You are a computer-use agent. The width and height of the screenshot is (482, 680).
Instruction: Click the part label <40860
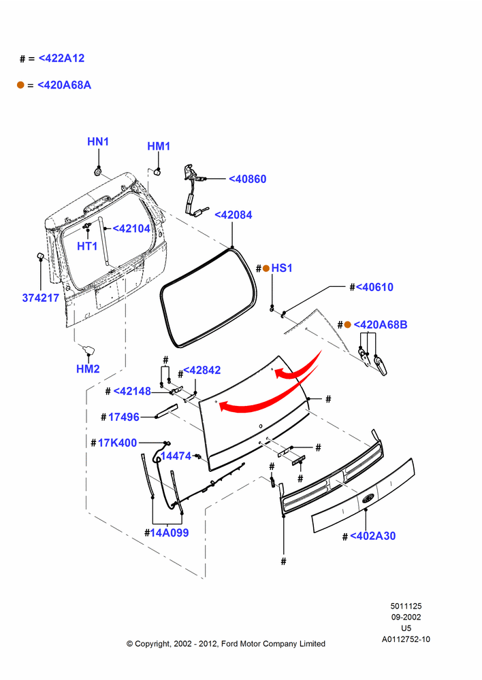[248, 179]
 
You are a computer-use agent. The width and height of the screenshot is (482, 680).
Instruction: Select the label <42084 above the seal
[234, 215]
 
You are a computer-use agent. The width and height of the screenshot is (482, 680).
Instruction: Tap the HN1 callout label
[98, 142]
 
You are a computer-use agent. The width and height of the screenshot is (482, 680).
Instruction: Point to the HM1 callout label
[159, 147]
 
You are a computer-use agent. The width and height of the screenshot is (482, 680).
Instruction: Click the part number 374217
[40, 298]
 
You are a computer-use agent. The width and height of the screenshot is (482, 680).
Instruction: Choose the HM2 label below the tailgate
[88, 369]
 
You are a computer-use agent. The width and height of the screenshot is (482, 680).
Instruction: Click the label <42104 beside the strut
[131, 228]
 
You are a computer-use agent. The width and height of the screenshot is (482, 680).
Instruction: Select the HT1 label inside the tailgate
[87, 246]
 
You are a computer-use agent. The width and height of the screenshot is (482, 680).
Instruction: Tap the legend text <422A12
[62, 58]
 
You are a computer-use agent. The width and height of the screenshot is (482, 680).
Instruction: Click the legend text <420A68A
[64, 85]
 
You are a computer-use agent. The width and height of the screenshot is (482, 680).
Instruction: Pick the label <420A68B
[381, 325]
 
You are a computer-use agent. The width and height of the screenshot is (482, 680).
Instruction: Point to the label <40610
[374, 287]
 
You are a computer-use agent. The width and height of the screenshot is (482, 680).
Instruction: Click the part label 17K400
[117, 443]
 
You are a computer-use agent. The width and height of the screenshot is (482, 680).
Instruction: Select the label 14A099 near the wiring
[170, 533]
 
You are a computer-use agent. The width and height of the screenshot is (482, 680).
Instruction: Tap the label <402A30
[372, 536]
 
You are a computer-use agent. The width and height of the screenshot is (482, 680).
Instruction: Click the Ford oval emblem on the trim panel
[368, 498]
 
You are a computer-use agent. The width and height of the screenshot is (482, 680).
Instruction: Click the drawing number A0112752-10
[406, 639]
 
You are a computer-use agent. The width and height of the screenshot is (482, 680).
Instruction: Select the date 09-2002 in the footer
[406, 617]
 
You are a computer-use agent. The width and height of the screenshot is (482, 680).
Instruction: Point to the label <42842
[202, 371]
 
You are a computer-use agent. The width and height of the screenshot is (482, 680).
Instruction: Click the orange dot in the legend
[20, 85]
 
